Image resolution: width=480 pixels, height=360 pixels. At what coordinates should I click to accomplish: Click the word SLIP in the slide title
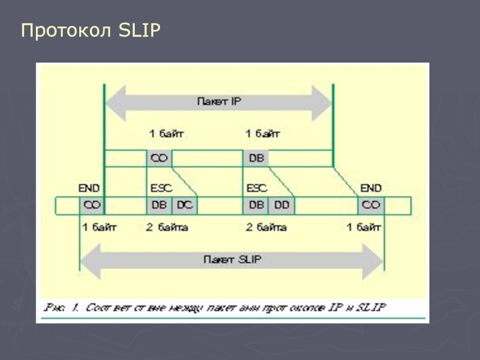[140, 31]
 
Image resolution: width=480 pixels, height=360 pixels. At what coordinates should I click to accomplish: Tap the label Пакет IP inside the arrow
[219, 101]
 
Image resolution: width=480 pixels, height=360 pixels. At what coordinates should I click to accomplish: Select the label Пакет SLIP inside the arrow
[232, 260]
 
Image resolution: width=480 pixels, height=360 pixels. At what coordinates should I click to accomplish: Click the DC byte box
[185, 205]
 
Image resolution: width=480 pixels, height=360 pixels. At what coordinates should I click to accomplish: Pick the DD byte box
[281, 205]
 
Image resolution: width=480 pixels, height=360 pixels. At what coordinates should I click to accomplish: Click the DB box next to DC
[160, 205]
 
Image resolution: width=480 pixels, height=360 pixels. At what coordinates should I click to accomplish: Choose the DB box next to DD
[256, 205]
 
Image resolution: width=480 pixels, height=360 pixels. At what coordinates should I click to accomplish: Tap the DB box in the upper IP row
[256, 158]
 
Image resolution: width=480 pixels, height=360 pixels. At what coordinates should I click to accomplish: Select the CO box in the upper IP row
[160, 158]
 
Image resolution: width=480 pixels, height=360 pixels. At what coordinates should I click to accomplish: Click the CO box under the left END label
[92, 205]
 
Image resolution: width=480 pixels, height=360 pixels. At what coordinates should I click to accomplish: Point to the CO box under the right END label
[371, 205]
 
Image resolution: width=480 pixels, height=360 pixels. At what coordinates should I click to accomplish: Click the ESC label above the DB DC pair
[161, 188]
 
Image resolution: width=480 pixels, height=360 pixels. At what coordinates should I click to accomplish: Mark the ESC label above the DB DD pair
[257, 188]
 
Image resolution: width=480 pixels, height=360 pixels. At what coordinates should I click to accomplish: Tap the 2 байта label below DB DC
[167, 227]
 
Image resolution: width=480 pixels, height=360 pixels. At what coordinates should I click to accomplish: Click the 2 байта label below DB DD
[266, 227]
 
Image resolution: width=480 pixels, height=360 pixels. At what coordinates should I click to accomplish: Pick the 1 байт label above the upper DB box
[262, 133]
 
